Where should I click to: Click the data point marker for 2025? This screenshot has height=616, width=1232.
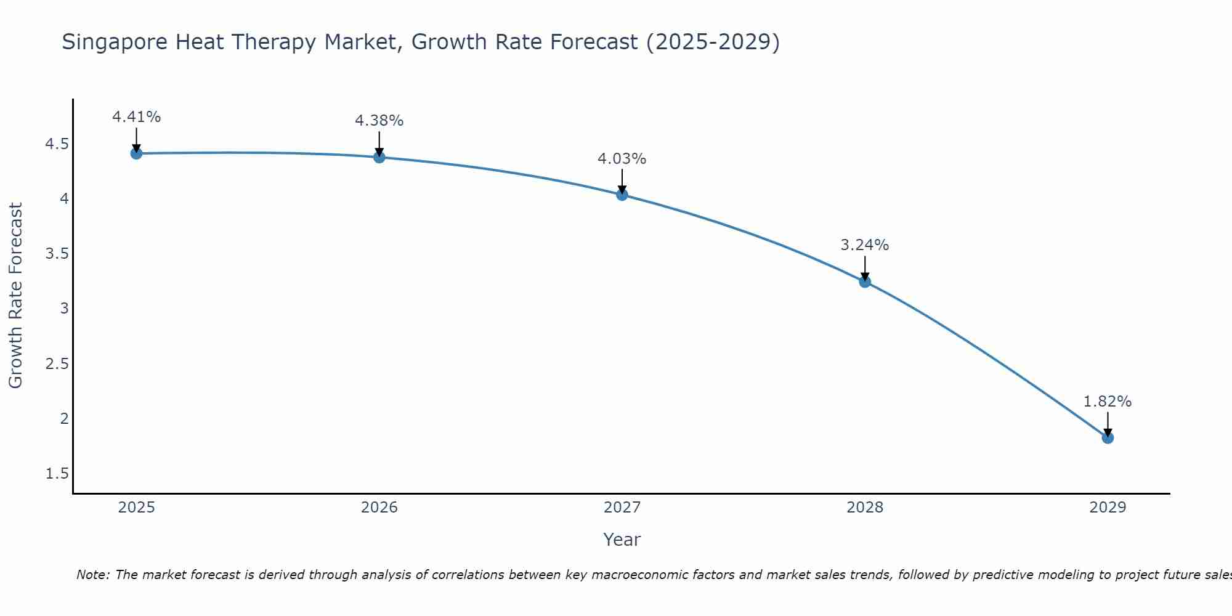[137, 153]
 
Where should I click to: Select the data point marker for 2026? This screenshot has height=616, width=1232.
[379, 157]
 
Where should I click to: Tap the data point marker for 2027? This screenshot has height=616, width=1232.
[622, 195]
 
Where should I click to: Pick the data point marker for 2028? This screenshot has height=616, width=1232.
[865, 282]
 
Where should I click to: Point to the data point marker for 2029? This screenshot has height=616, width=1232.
[1108, 438]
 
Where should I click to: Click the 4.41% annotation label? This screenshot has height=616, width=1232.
[137, 117]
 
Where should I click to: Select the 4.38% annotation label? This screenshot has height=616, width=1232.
[379, 121]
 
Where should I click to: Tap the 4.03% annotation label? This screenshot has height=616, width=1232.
[622, 159]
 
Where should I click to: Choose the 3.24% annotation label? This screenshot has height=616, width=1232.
[865, 245]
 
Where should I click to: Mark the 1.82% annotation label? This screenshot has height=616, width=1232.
[1108, 402]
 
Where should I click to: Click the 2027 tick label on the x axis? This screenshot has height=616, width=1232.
[622, 508]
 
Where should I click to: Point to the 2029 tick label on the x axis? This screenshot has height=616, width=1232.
[1108, 508]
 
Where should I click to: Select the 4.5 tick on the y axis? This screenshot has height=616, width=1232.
[57, 144]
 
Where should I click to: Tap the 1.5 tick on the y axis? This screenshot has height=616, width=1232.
[57, 474]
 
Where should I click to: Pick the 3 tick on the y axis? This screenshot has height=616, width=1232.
[64, 309]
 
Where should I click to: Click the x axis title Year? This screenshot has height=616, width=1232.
[622, 540]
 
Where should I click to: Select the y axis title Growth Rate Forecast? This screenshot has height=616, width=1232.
[16, 296]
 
